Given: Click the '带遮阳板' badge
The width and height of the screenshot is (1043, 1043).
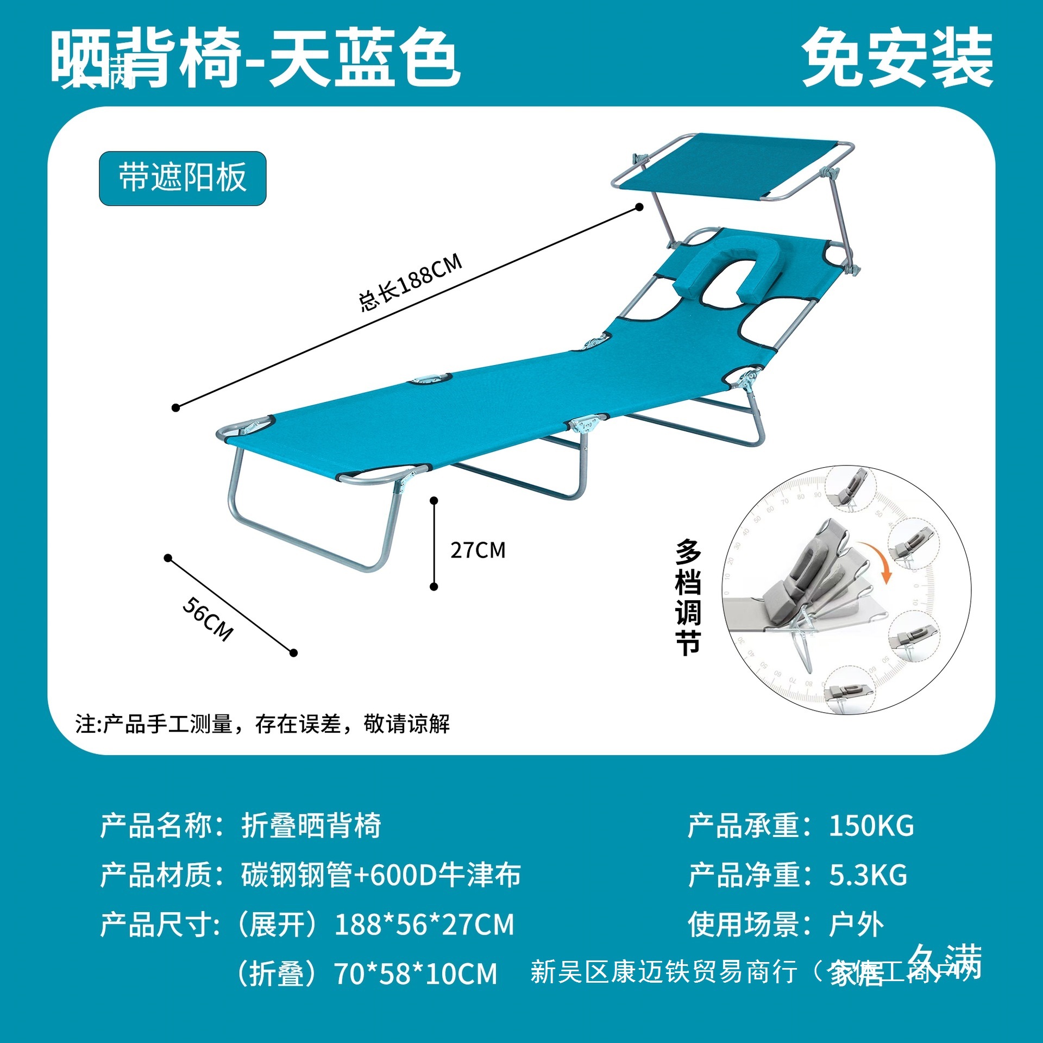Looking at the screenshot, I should coord(183,178).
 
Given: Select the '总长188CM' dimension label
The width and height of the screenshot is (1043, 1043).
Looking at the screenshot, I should coord(410,282).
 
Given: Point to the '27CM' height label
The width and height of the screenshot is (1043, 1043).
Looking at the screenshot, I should coord(477,550).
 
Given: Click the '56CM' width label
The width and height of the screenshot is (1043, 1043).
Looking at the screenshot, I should coord(208,619).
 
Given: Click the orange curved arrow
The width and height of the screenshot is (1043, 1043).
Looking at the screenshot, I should coord(876,560).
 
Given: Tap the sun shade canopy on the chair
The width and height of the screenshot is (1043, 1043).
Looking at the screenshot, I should coord(733,166).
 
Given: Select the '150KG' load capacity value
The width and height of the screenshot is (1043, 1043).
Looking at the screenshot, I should coord(871,826).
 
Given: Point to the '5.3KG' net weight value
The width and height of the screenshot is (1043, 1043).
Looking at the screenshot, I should coord(868,875).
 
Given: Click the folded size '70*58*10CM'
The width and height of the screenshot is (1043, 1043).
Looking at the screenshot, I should coord(415,973).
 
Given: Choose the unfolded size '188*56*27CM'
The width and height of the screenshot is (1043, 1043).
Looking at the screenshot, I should coord(424,925).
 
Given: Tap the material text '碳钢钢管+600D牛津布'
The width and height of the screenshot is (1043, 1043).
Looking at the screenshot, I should coord(381,875).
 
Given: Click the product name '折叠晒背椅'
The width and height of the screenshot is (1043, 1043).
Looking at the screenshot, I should coord(311,826).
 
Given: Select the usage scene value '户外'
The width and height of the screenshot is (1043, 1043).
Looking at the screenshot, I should coord(856,925).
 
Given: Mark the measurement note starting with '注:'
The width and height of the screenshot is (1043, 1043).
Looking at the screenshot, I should coord(262,724).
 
